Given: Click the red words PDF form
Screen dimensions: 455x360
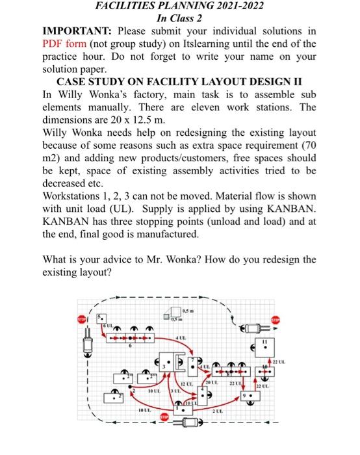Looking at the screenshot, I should click(x=63, y=44).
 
